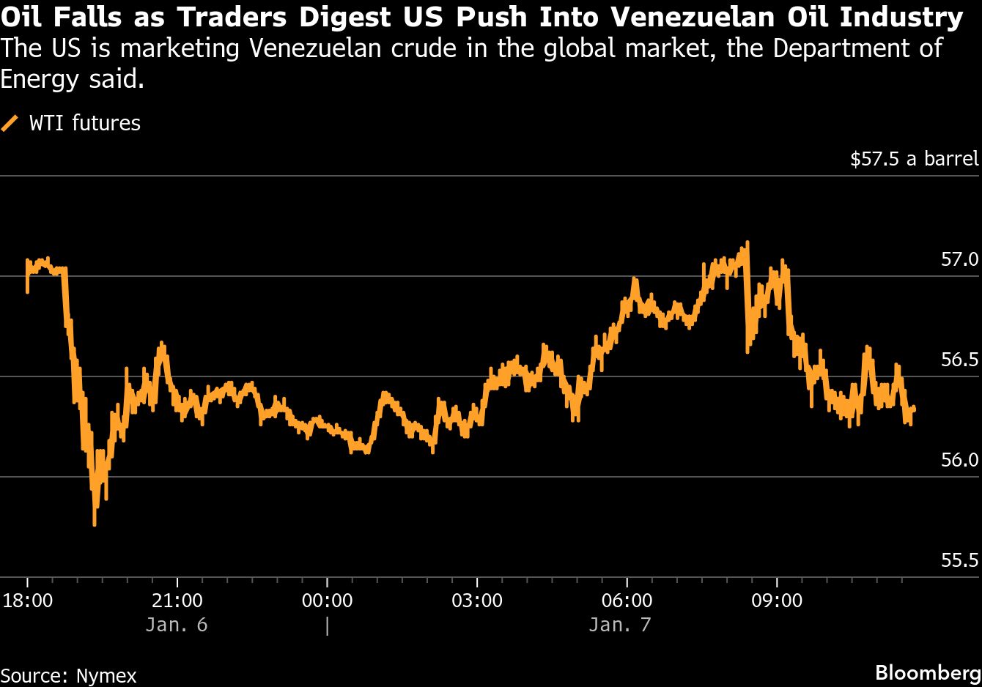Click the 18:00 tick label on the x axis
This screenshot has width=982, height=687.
pos(28,601)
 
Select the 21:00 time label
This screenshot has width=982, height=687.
pos(177,601)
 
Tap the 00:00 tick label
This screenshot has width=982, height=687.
pos(327,601)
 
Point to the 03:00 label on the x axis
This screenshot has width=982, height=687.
pos(477,601)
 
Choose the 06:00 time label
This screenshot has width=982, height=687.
pos(627,601)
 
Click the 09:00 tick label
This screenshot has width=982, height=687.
pos(777,601)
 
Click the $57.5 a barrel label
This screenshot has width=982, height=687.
pos(914,160)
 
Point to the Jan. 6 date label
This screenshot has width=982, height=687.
pos(176,625)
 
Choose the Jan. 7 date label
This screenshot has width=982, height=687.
pos(619,625)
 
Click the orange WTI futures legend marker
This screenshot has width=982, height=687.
pos(10,123)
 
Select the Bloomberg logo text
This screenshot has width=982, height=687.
pos(928,673)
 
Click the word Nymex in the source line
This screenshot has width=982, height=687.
pos(106,675)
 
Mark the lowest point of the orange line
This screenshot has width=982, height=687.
pos(95,523)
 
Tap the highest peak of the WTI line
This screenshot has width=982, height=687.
pos(747,242)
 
